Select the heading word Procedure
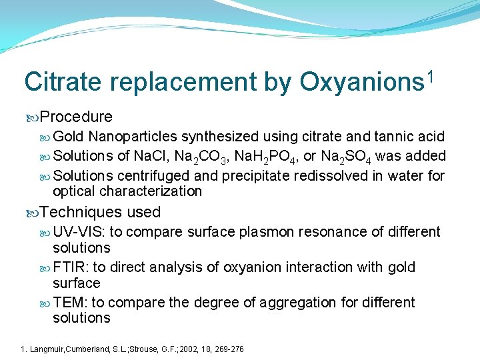(x=76, y=117)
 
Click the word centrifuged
(x=152, y=175)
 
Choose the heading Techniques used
(x=100, y=212)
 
